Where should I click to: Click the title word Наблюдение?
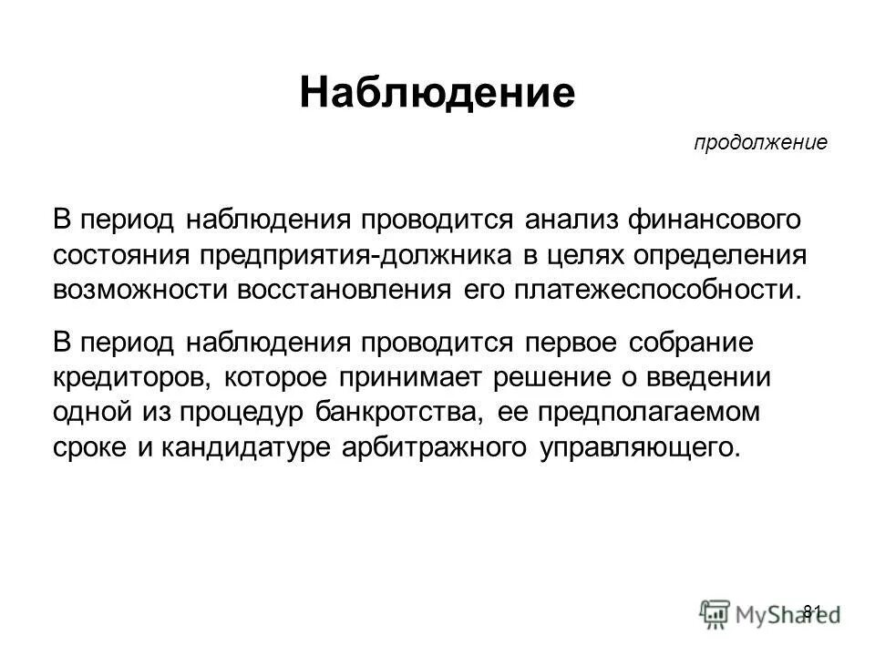pos(437,93)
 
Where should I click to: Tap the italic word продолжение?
pos(760,143)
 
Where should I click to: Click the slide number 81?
pos(813,610)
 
